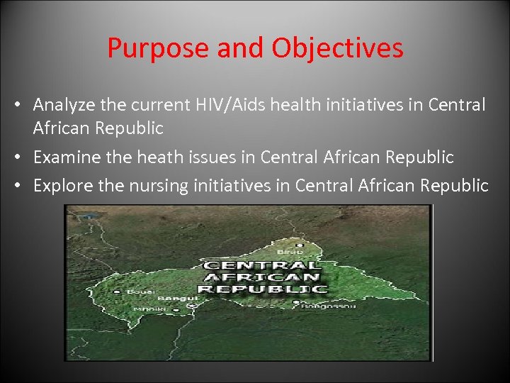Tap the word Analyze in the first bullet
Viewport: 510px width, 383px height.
click(x=65, y=106)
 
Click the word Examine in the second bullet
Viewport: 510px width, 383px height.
click(x=66, y=157)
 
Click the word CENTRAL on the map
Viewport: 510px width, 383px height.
click(x=261, y=265)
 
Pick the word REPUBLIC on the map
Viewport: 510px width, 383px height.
click(x=261, y=289)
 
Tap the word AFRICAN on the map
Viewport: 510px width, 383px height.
click(x=261, y=277)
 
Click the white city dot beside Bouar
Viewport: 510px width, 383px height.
click(x=117, y=292)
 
